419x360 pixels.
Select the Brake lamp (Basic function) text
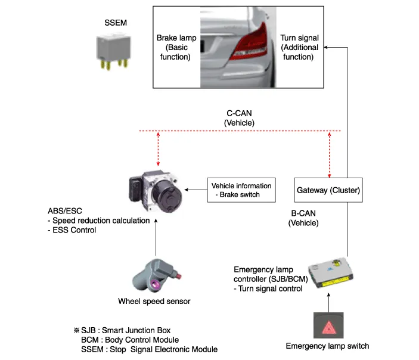click(x=176, y=47)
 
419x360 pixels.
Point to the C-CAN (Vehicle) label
click(x=239, y=117)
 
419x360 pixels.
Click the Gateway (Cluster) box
click(x=328, y=191)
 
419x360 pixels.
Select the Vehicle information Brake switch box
click(x=241, y=190)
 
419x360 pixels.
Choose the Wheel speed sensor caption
click(x=154, y=301)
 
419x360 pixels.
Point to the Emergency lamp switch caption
click(x=328, y=346)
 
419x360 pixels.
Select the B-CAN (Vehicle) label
click(x=304, y=219)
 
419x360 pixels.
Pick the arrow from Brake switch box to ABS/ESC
click(x=195, y=190)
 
